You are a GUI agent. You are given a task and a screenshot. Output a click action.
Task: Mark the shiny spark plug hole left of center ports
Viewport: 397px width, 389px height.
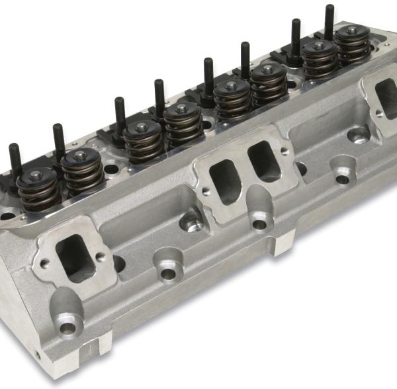(x=192, y=224)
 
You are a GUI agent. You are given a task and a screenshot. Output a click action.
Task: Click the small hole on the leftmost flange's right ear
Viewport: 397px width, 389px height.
(x=100, y=256)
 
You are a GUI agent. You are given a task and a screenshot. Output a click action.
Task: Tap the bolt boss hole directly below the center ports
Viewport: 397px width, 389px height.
(x=259, y=224)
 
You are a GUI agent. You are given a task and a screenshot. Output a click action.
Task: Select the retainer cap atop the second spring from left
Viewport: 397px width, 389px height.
(x=80, y=156)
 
